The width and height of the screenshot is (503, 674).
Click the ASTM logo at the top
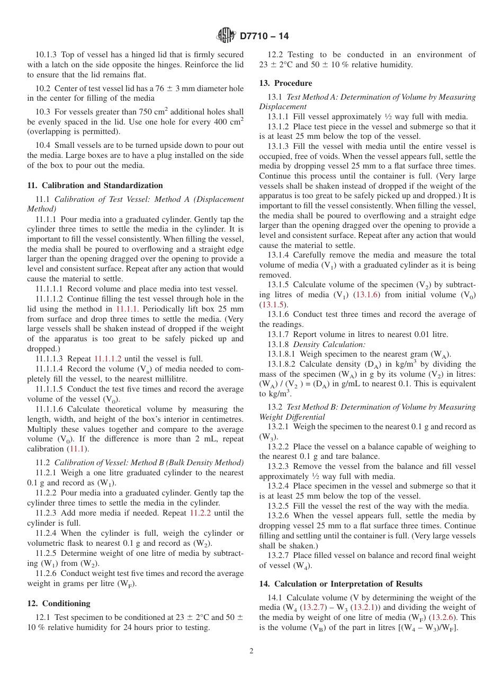point(227,36)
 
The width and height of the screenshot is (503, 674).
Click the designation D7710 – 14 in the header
point(264,37)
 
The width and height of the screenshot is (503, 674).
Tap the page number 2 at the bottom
point(251,651)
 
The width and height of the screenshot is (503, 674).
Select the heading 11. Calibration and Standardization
point(95,185)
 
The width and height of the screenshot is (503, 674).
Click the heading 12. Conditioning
point(59,604)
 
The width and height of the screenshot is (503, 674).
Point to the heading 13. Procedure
point(285,83)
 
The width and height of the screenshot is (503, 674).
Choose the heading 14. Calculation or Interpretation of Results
point(340,584)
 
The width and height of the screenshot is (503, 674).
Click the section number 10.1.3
point(47,55)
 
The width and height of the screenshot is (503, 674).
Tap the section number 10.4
point(43,145)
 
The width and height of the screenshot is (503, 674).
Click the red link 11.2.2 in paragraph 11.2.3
point(200,513)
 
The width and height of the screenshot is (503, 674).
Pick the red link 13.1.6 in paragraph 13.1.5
point(365,295)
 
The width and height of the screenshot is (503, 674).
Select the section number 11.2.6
point(47,573)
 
